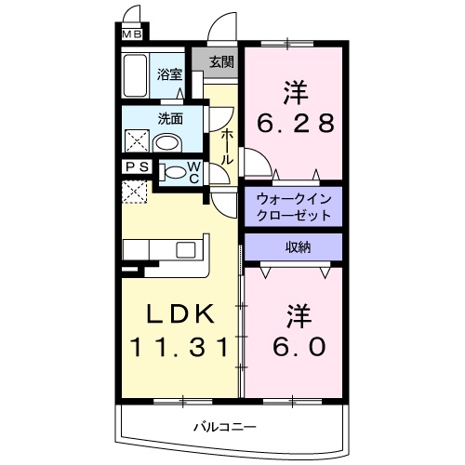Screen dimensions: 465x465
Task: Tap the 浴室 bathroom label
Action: (168, 75)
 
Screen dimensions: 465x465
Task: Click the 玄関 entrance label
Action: (220, 62)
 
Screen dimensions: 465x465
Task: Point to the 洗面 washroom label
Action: (168, 118)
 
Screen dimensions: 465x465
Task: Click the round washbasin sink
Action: (167, 142)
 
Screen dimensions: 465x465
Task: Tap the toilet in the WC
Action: (174, 172)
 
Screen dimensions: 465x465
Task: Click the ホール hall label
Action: (226, 145)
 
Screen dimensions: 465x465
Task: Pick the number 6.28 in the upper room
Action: (295, 123)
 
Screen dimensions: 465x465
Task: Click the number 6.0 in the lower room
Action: (298, 345)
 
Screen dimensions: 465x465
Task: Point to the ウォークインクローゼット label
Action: (293, 206)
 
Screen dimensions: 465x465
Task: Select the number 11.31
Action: (178, 347)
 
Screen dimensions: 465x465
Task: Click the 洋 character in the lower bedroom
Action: (297, 312)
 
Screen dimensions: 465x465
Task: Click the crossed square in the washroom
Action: (135, 141)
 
